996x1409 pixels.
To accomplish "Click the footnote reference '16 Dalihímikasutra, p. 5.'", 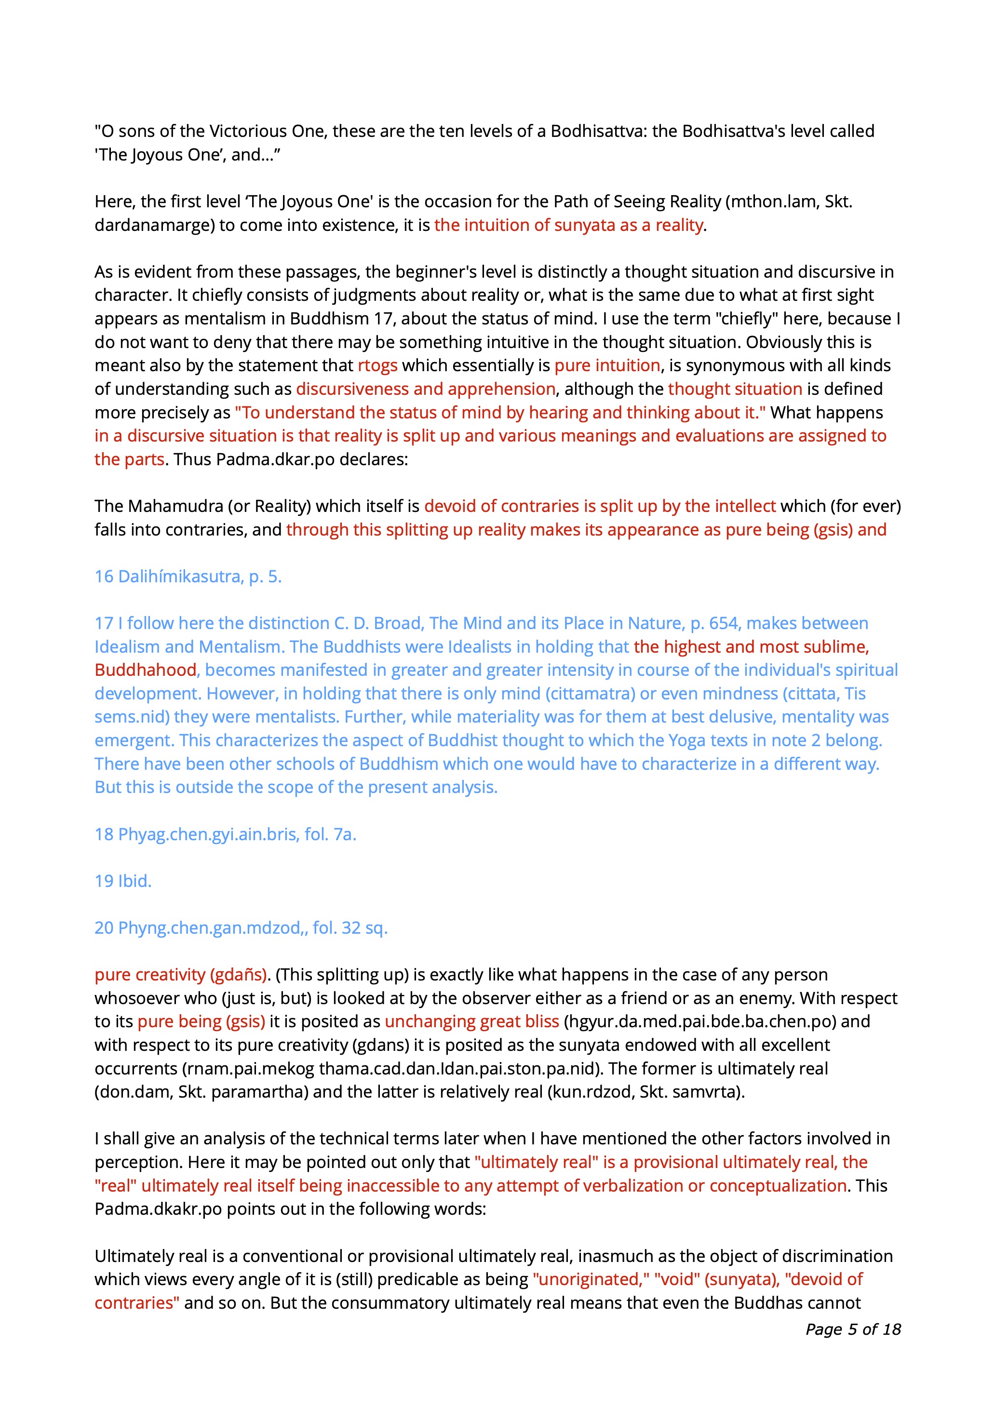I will (x=188, y=577).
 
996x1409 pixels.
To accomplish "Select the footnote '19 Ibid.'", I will (x=123, y=881).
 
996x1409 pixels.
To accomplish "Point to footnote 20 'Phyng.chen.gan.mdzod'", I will (x=241, y=928).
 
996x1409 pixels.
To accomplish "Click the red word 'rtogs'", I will (x=377, y=366).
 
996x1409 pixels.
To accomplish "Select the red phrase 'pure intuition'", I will (x=607, y=366).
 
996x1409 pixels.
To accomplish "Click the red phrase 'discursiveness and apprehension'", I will (x=426, y=389).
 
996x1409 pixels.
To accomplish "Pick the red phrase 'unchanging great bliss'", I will (x=471, y=1022).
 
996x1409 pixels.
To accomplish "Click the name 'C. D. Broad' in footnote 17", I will (x=378, y=623).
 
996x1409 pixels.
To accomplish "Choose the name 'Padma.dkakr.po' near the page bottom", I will (x=158, y=1209).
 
